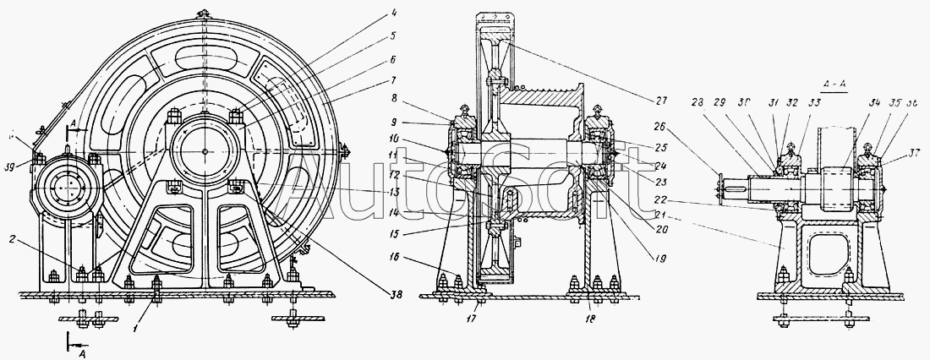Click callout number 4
pyautogui.click(x=369, y=13)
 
